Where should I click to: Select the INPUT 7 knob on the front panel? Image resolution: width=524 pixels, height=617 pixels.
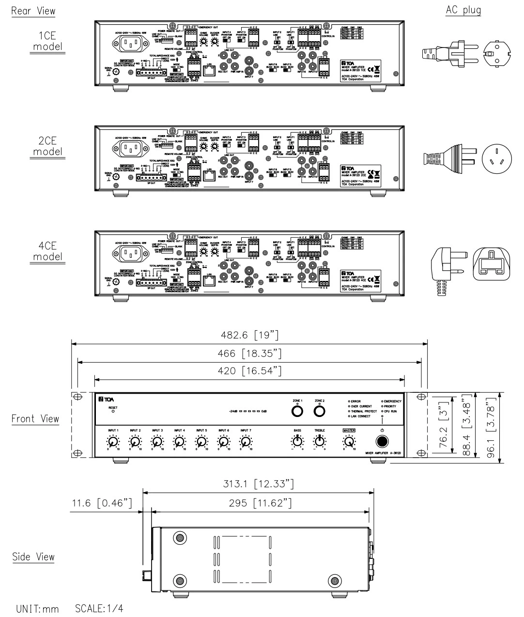coord(246,441)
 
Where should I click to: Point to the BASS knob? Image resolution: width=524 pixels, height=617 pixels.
coord(297,441)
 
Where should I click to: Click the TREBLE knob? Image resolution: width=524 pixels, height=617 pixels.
coord(320,441)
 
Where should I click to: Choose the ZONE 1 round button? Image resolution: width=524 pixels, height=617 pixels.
coord(297,411)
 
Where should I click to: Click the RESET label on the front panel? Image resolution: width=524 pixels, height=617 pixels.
coord(113,407)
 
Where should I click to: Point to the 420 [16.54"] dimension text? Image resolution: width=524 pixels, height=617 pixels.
coord(250,371)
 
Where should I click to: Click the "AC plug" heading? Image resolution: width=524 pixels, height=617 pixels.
coord(463,10)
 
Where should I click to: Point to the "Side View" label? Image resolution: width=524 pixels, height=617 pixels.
coord(33,556)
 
